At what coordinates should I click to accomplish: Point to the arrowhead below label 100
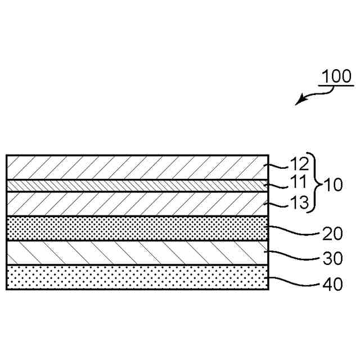300,102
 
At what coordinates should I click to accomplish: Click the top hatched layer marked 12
135,167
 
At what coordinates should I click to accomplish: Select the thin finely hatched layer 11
135,186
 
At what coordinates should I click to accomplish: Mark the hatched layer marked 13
135,204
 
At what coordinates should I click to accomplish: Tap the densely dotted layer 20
135,228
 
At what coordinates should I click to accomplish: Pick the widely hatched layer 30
135,253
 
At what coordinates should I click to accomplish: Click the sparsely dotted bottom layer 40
135,277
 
